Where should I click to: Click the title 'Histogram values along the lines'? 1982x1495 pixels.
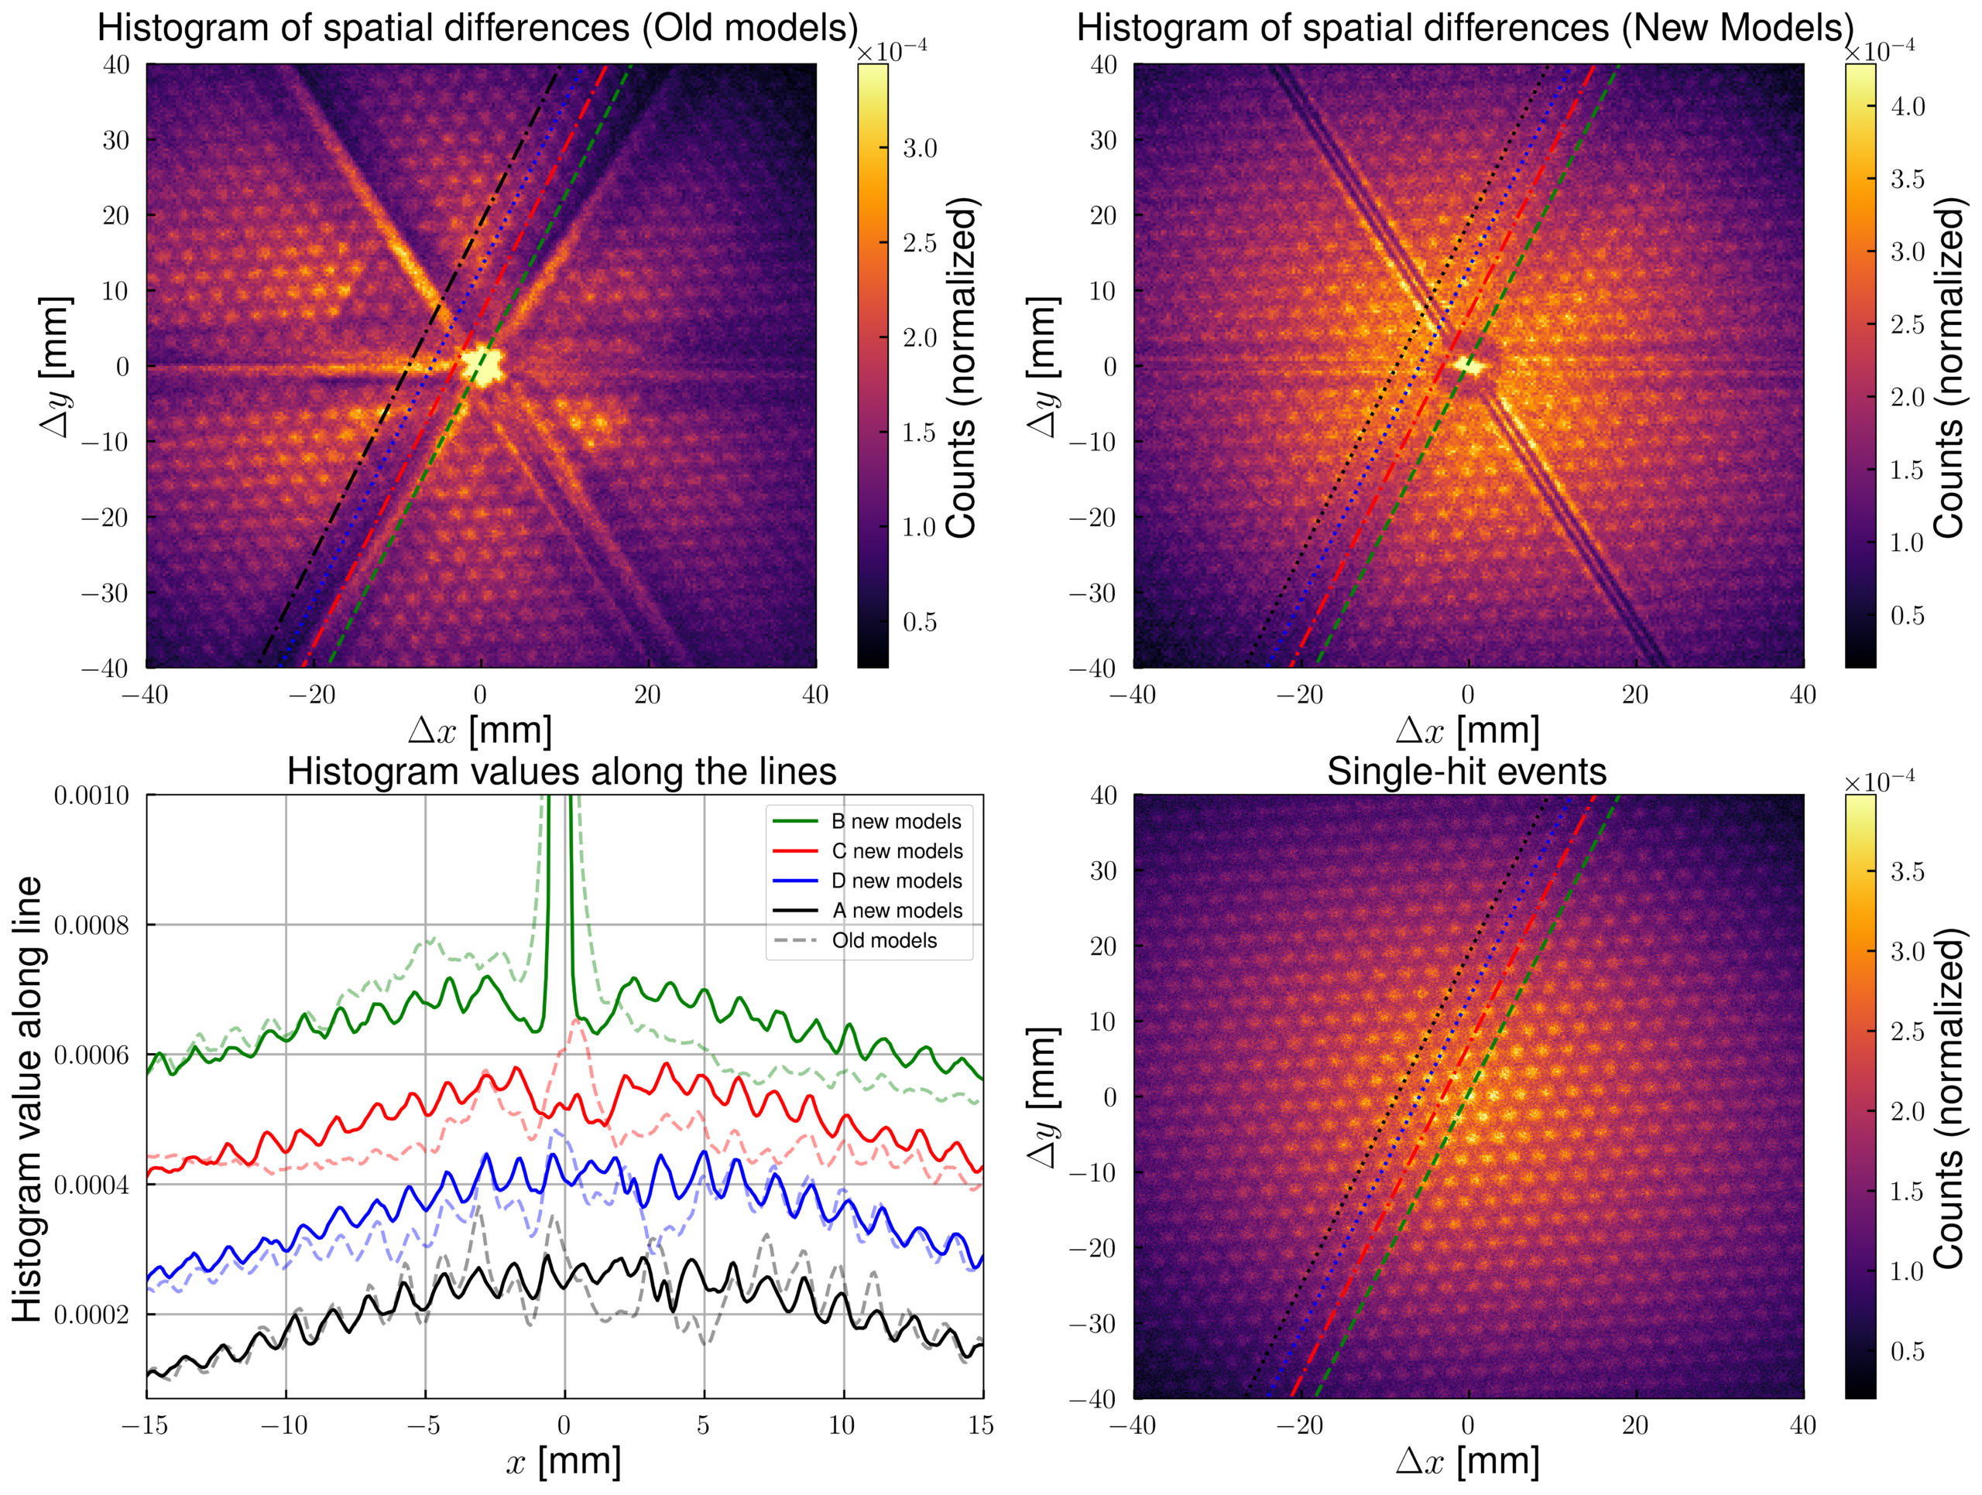pyautogui.click(x=562, y=772)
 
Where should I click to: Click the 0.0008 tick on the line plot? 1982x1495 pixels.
pyautogui.click(x=91, y=925)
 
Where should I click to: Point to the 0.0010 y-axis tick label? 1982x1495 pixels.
pyautogui.click(x=91, y=795)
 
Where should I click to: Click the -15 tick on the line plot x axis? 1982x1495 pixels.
pyautogui.click(x=145, y=1425)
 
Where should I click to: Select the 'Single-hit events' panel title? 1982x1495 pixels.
pyautogui.click(x=1467, y=772)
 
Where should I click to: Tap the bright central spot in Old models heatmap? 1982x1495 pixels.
pyautogui.click(x=483, y=365)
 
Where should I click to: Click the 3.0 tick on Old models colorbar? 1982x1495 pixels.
pyautogui.click(x=919, y=148)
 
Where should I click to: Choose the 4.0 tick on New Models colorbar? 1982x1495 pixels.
pyautogui.click(x=1908, y=107)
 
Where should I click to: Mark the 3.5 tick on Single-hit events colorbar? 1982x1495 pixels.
pyautogui.click(x=1908, y=871)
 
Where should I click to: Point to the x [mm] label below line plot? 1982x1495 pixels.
pyautogui.click(x=564, y=1462)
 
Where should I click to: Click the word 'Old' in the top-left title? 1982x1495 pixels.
pyautogui.click(x=684, y=28)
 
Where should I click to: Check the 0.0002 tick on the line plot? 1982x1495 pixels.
pyautogui.click(x=91, y=1315)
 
